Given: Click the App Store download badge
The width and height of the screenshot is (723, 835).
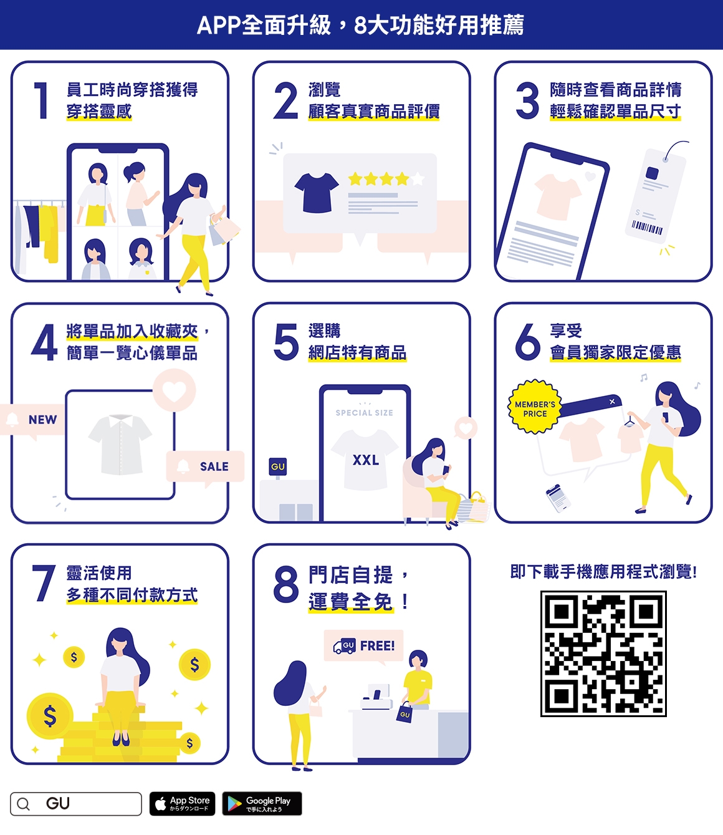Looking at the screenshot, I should pyautogui.click(x=182, y=803).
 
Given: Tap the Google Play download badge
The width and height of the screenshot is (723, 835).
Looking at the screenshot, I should pyautogui.click(x=262, y=803).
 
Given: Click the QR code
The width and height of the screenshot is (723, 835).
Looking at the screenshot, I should pyautogui.click(x=603, y=653).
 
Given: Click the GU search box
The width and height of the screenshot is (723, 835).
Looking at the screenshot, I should pyautogui.click(x=75, y=803).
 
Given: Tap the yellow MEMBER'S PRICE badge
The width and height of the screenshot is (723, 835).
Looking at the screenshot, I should pyautogui.click(x=535, y=408).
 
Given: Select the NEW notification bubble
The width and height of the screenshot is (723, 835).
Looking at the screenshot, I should pyautogui.click(x=34, y=420).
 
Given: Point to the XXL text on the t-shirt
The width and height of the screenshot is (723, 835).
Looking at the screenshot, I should pyautogui.click(x=365, y=460).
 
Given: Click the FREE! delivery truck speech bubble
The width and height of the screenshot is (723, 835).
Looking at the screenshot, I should pyautogui.click(x=364, y=645).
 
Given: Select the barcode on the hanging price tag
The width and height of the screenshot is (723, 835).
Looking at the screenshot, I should pyautogui.click(x=647, y=229).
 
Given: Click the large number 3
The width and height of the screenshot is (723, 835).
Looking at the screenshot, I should pyautogui.click(x=527, y=100).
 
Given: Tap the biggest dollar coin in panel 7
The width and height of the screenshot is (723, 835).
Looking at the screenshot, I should pyautogui.click(x=50, y=715).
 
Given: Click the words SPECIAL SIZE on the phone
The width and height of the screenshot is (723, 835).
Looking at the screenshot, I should pyautogui.click(x=364, y=413).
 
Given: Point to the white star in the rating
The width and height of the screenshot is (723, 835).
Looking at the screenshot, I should pyautogui.click(x=418, y=180).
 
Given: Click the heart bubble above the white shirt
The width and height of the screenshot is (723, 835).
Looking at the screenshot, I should pyautogui.click(x=174, y=390).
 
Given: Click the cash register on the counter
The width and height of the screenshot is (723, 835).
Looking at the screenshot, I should pyautogui.click(x=376, y=697).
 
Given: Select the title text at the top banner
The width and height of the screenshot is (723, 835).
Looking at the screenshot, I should pyautogui.click(x=361, y=25).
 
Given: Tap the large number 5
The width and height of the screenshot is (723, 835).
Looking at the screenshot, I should pyautogui.click(x=286, y=342).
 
